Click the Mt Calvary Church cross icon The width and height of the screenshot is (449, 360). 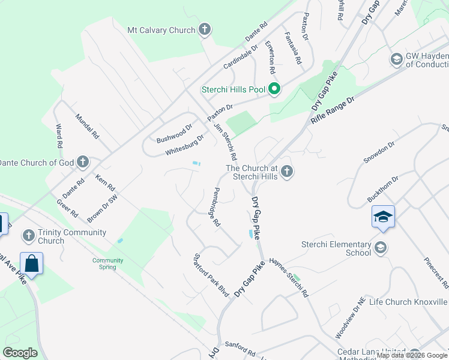pos(205,29)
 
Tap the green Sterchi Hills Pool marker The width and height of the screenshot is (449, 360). pos(274,90)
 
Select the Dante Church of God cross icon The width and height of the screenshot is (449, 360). pos(83,162)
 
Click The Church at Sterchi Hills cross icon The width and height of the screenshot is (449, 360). pos(287,172)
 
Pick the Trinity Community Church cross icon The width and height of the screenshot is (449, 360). pos(28,236)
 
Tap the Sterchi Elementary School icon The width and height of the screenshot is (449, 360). pos(380,247)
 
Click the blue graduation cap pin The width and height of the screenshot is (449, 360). pos(383,216)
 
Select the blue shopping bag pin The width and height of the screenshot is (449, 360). pos(31,263)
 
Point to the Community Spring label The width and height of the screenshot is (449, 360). pos(108,263)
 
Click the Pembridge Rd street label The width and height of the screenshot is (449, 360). pos(209,207)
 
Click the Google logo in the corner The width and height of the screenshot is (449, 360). pos(20,352)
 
